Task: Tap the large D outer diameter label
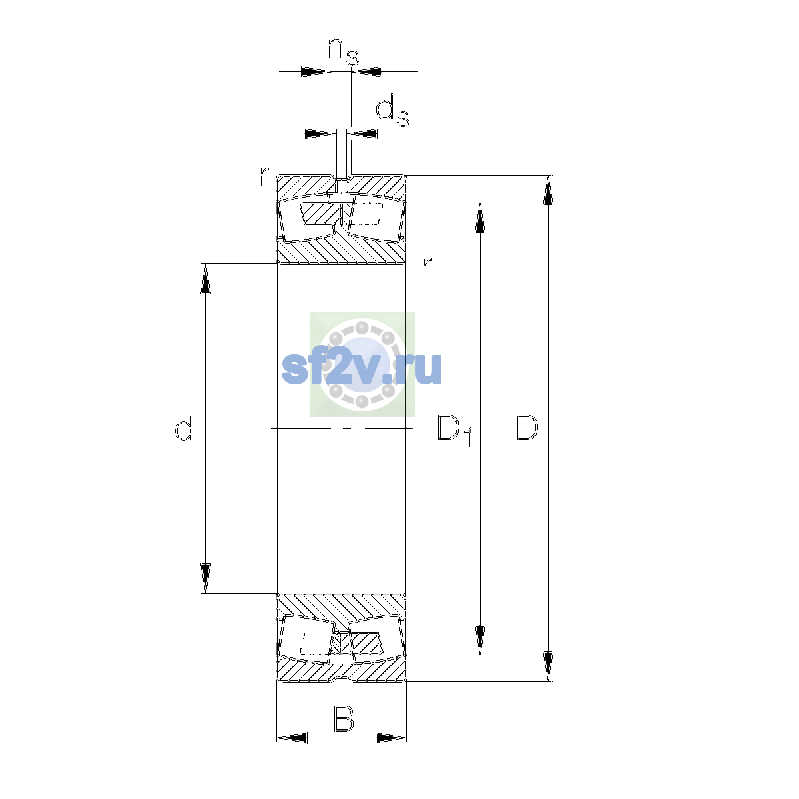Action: pyautogui.click(x=527, y=427)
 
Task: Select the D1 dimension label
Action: pyautogui.click(x=455, y=431)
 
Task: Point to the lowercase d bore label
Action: pyautogui.click(x=184, y=427)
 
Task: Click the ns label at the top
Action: pyautogui.click(x=343, y=52)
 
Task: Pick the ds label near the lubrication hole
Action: pyautogui.click(x=392, y=111)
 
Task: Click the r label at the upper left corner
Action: pyautogui.click(x=264, y=176)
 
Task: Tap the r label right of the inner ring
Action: pyautogui.click(x=427, y=268)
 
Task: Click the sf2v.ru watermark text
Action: pyautogui.click(x=362, y=368)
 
